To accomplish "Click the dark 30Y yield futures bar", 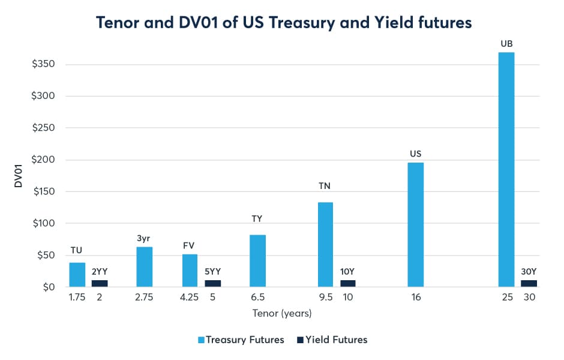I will (x=529, y=283).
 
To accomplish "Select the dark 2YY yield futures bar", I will (x=100, y=283).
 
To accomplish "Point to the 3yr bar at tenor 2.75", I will (x=145, y=266).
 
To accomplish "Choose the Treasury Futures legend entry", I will (x=240, y=340).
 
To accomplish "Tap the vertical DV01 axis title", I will (x=19, y=176).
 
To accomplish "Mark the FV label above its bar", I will (x=189, y=245).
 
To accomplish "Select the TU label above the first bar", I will (x=77, y=250).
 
